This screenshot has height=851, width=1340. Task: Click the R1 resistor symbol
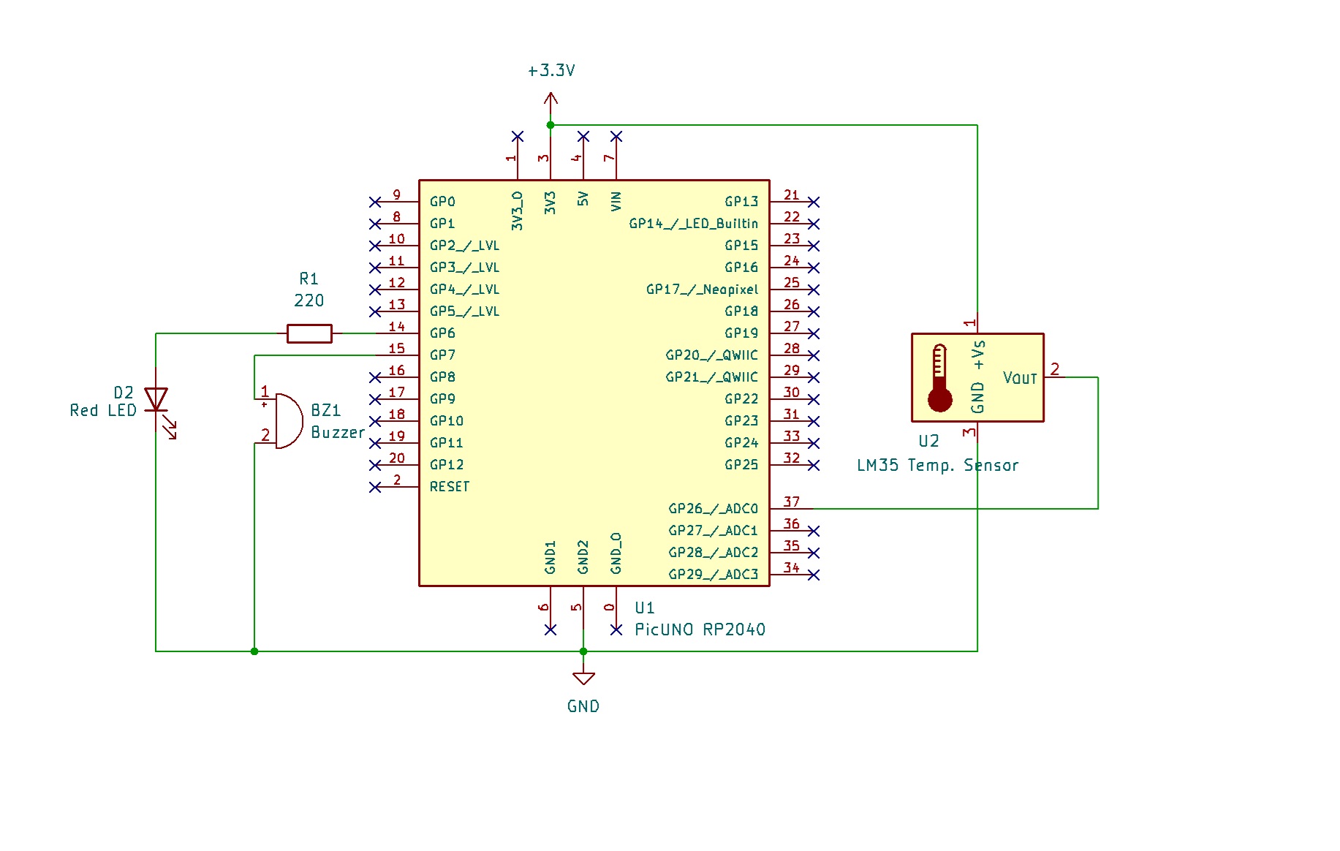click(309, 333)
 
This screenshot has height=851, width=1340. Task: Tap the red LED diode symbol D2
click(156, 400)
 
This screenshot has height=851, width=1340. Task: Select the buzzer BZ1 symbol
click(288, 421)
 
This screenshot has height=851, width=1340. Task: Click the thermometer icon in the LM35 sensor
click(939, 378)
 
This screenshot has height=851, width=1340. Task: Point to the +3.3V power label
click(551, 71)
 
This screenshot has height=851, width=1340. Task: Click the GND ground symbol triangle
click(583, 678)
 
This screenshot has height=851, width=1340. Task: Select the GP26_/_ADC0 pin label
click(713, 509)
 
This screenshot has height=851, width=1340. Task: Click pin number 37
click(791, 502)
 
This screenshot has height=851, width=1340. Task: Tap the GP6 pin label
click(442, 333)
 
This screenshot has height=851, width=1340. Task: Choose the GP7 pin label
click(442, 355)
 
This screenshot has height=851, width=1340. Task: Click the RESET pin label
click(449, 487)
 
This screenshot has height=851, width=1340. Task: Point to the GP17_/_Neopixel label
click(702, 290)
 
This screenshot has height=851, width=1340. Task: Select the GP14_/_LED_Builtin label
click(693, 224)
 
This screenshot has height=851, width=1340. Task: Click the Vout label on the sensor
click(1020, 378)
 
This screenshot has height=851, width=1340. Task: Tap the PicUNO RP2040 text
click(700, 629)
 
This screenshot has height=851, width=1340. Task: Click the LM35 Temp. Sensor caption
click(937, 466)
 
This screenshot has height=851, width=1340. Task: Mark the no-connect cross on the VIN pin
click(616, 137)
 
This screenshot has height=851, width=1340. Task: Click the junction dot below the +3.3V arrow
click(550, 125)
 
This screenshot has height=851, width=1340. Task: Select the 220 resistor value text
click(308, 300)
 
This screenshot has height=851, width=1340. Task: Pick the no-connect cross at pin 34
click(814, 575)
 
